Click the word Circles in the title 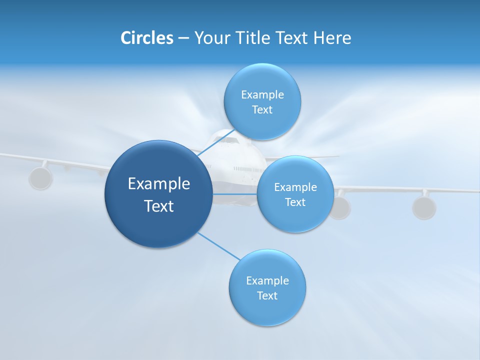pyautogui.click(x=146, y=38)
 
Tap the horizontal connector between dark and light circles pyautogui.click(x=234, y=193)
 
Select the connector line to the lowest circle pyautogui.click(x=218, y=246)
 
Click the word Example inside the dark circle pyautogui.click(x=158, y=184)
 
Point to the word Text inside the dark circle pyautogui.click(x=158, y=206)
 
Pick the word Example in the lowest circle pyautogui.click(x=267, y=280)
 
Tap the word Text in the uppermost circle pyautogui.click(x=262, y=110)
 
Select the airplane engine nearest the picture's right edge pyautogui.click(x=424, y=207)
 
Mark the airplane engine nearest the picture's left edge pyautogui.click(x=40, y=178)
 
